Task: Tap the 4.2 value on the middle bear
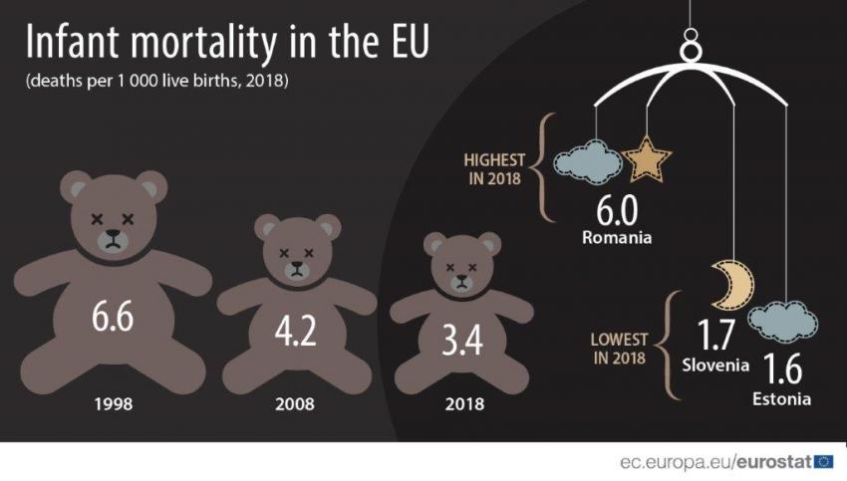tap(295, 332)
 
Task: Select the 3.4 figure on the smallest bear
tap(462, 340)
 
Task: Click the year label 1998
tap(113, 404)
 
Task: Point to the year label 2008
tap(295, 404)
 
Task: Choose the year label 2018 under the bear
tap(463, 404)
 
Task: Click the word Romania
tap(616, 238)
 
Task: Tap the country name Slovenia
tap(714, 364)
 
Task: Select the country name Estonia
tap(782, 399)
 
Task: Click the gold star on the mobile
tap(647, 160)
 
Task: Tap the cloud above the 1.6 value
tap(782, 322)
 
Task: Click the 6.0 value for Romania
tap(617, 210)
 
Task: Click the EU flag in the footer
tap(824, 461)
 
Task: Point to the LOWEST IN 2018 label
tap(619, 348)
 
